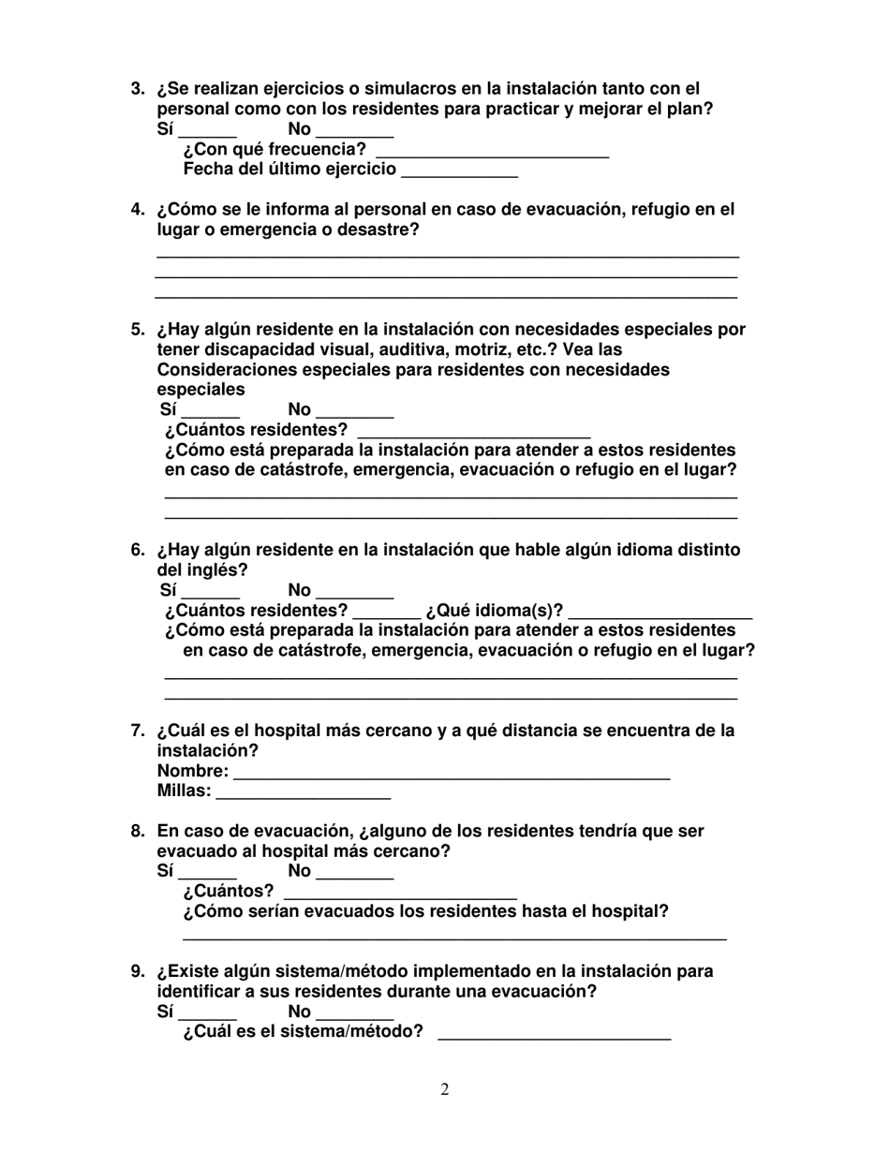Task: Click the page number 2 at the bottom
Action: pos(445,1089)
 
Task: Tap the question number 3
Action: pos(137,89)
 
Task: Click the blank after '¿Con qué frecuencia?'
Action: pos(492,153)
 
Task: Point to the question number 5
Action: pos(137,330)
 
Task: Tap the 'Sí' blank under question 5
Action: pos(211,413)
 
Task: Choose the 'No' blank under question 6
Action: pos(355,594)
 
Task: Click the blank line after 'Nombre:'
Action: pos(452,775)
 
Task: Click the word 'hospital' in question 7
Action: pos(304,731)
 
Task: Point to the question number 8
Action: pos(137,832)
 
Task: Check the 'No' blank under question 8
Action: pos(355,875)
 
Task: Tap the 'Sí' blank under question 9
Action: pos(207,1015)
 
